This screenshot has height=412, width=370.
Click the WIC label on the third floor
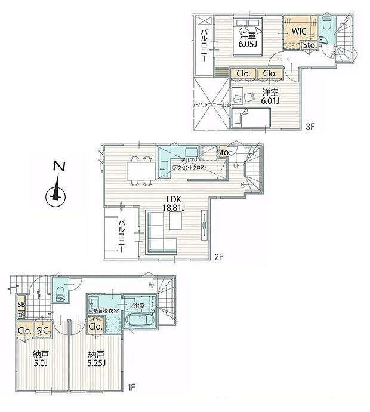click(x=299, y=30)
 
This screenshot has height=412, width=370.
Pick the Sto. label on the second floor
click(x=224, y=152)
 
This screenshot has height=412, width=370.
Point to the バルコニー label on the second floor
click(x=122, y=236)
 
